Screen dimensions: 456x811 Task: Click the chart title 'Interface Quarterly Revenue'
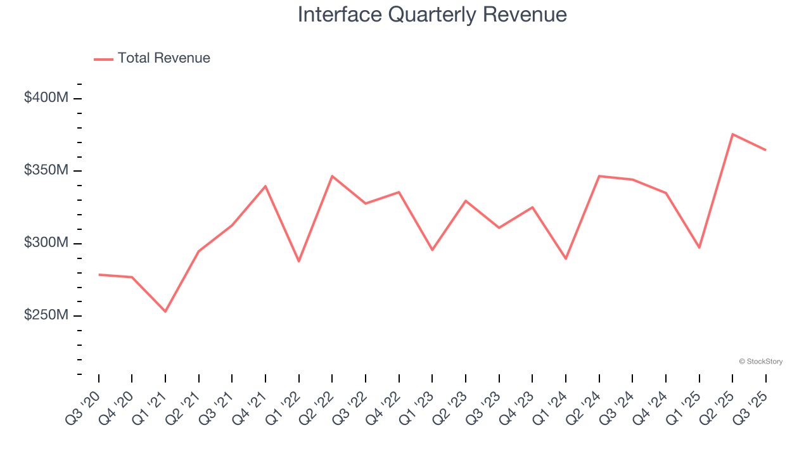click(432, 14)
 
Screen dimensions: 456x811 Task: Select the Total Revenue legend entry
click(152, 58)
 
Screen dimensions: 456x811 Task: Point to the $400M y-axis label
click(46, 98)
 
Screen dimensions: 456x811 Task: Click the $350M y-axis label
click(46, 171)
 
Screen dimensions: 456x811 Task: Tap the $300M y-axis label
click(46, 243)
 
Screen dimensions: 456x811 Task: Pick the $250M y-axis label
click(46, 315)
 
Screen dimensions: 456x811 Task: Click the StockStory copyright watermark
click(760, 362)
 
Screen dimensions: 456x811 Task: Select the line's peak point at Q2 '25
click(732, 134)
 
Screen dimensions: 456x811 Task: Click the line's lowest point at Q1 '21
click(165, 312)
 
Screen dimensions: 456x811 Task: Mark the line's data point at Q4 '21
click(265, 186)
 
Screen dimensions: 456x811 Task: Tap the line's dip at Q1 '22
click(299, 262)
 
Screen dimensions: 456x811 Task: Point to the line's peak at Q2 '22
click(332, 176)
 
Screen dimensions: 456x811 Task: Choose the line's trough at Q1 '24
click(566, 259)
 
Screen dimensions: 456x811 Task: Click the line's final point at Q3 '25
click(765, 150)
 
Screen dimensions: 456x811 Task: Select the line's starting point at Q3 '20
click(99, 275)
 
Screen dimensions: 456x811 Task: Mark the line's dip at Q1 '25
click(699, 248)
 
